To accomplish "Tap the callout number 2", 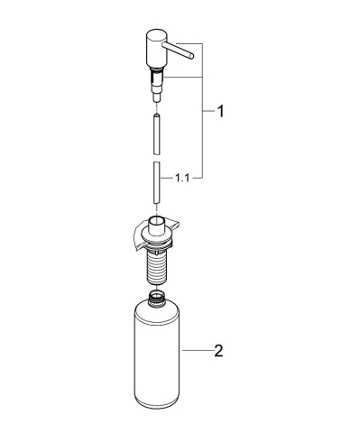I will coord(217,351).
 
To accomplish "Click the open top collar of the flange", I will coord(157,222).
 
